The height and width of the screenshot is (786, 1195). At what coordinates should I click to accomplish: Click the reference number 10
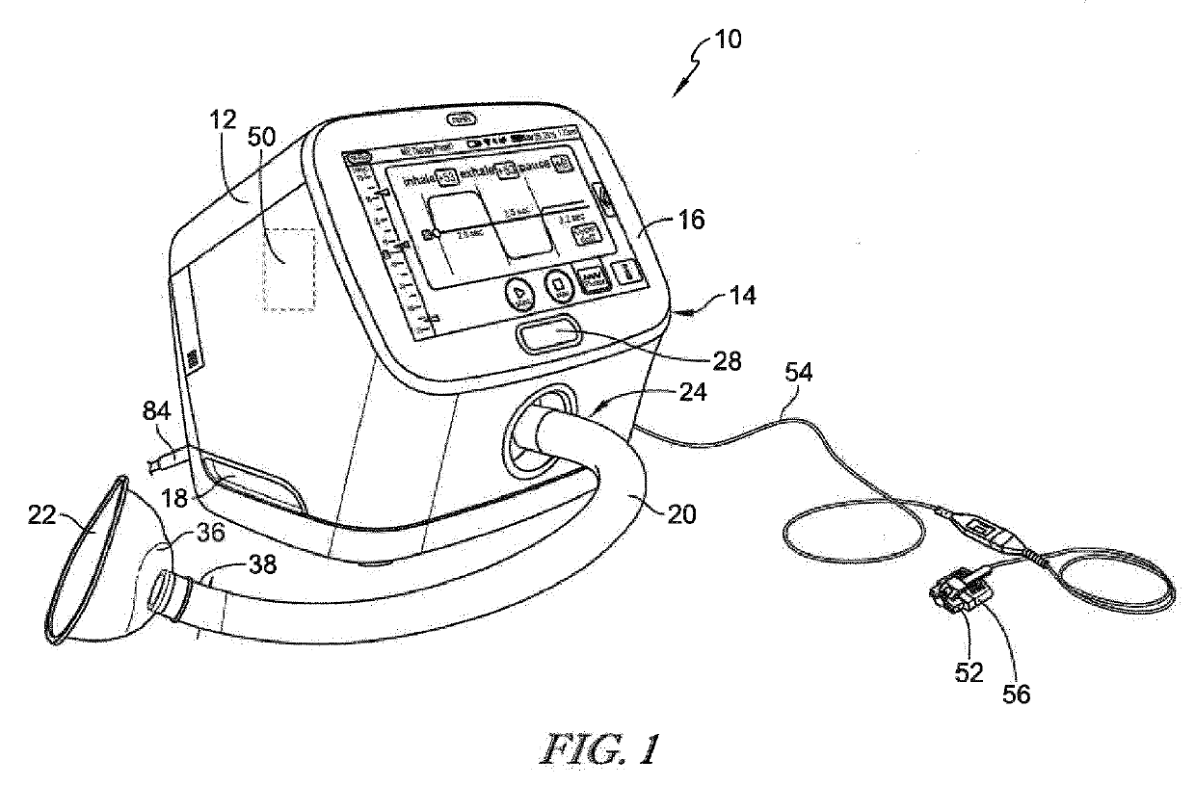point(729,41)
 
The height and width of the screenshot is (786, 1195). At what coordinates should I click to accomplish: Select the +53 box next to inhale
point(446,177)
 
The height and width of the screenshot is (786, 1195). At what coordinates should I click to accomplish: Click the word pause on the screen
point(530,166)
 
